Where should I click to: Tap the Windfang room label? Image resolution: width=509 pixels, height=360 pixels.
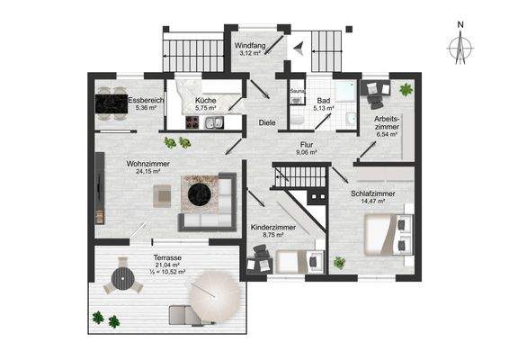tap(250, 45)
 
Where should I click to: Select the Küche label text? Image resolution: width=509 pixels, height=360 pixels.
tap(205, 101)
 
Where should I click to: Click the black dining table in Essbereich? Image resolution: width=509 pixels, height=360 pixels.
tap(112, 103)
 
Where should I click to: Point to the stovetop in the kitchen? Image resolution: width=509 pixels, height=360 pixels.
tap(192, 122)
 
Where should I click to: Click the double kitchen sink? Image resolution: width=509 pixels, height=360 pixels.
tap(214, 122)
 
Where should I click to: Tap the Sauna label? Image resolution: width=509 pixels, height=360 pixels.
tap(297, 91)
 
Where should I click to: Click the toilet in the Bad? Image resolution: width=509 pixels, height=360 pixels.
tap(297, 121)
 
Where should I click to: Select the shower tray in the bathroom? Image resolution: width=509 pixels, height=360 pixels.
tap(346, 91)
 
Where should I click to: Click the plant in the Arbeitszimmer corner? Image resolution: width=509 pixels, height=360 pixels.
tap(406, 89)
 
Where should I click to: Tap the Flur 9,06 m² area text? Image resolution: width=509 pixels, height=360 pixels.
tap(307, 152)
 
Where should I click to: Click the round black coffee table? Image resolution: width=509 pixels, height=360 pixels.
tap(200, 194)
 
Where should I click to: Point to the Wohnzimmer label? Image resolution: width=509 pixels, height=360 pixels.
tap(148, 164)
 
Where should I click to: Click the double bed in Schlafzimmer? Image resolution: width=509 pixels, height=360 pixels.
tap(388, 234)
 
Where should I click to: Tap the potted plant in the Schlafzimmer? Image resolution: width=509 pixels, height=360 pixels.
tap(339, 263)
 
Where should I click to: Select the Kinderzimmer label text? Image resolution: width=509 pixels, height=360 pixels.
tap(273, 228)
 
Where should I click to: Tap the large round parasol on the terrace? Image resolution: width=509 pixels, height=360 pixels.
tap(215, 297)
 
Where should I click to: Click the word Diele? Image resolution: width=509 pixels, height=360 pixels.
tap(267, 122)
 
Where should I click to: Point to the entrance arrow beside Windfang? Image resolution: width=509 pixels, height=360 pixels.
tap(299, 48)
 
